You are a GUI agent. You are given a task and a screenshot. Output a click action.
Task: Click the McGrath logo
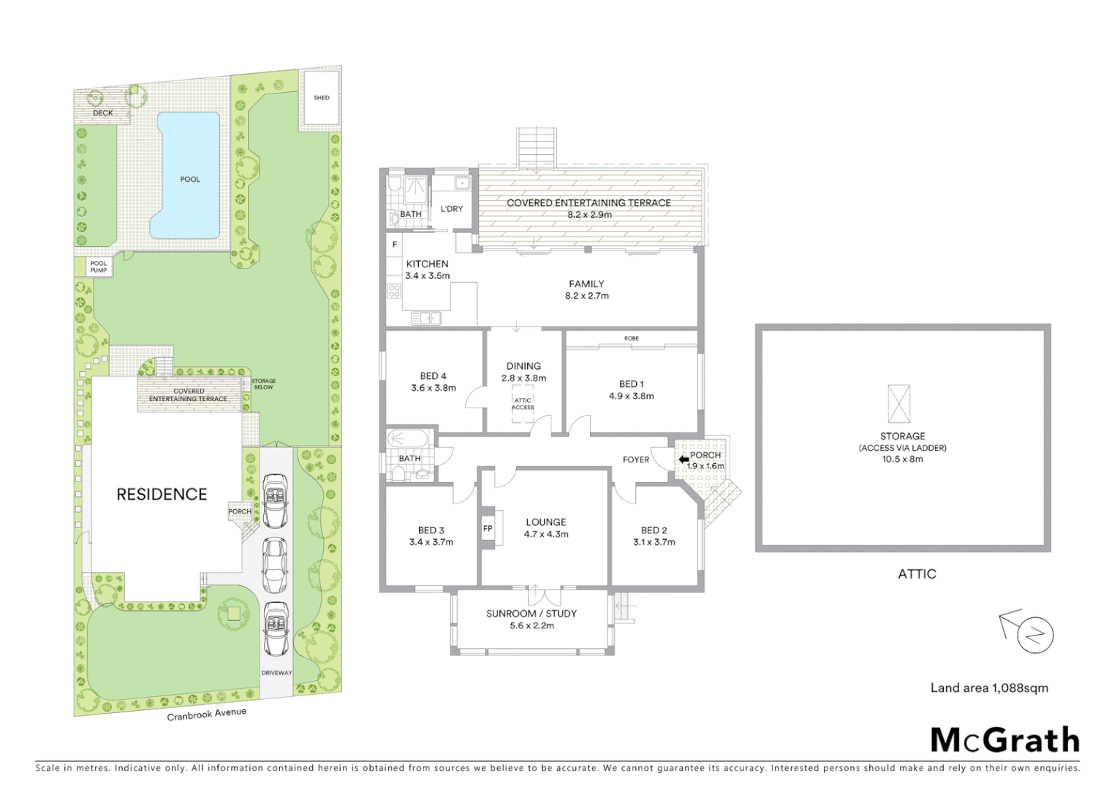(1004, 740)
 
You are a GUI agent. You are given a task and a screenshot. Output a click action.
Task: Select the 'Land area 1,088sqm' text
(988, 687)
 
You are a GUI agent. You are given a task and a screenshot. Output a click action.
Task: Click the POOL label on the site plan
(190, 179)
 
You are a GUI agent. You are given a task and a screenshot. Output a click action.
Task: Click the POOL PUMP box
(99, 267)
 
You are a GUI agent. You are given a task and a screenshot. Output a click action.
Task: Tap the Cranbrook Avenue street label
(206, 714)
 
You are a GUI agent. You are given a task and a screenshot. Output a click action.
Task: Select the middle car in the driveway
(275, 565)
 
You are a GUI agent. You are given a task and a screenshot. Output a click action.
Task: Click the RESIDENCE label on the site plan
(162, 495)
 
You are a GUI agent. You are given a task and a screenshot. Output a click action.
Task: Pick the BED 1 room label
(631, 384)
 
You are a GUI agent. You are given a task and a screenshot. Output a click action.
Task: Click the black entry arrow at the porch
(684, 460)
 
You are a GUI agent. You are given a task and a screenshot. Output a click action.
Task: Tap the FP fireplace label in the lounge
(488, 529)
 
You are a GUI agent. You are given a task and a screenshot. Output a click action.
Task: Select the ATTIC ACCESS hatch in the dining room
(523, 404)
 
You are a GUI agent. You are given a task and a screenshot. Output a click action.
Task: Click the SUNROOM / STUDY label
(531, 614)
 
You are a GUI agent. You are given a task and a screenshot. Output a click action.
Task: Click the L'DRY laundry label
(452, 209)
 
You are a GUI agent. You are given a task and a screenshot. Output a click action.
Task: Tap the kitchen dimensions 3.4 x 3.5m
(428, 276)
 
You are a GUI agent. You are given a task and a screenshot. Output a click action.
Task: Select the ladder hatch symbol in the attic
(898, 404)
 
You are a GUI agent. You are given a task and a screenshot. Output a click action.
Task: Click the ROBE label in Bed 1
(632, 338)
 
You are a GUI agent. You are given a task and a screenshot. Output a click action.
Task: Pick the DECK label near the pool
(103, 113)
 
